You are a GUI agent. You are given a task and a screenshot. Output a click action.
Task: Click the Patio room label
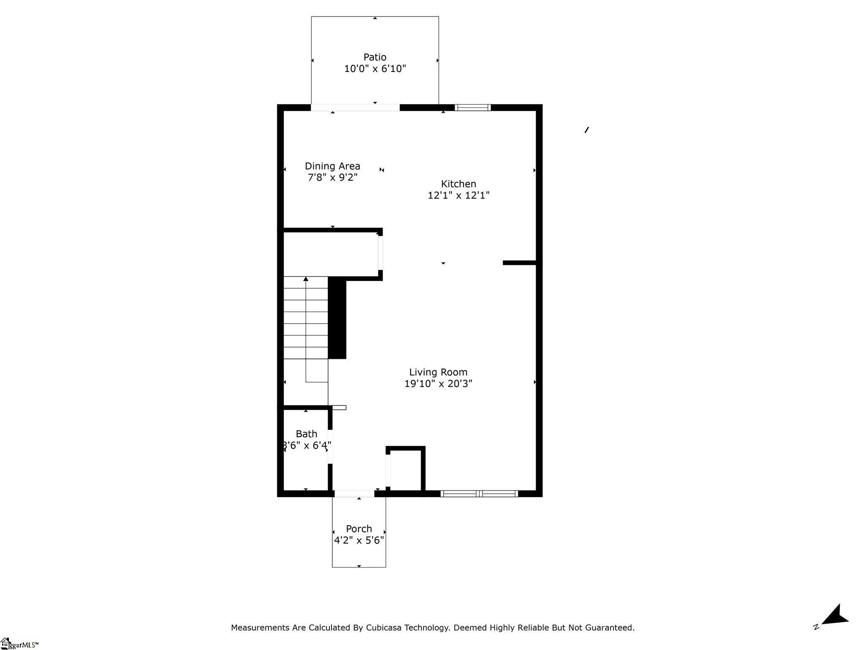pyautogui.click(x=375, y=57)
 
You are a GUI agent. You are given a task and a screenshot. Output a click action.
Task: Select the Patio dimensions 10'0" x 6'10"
pyautogui.click(x=375, y=69)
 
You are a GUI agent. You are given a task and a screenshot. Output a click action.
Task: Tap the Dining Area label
pyautogui.click(x=332, y=166)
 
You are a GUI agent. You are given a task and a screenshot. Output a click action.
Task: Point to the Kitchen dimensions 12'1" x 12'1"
pyautogui.click(x=458, y=195)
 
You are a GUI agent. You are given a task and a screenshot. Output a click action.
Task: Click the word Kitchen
pyautogui.click(x=458, y=184)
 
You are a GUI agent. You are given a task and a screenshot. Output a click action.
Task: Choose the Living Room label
pyautogui.click(x=438, y=372)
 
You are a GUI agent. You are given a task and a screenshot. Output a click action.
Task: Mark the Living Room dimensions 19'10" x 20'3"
pyautogui.click(x=438, y=383)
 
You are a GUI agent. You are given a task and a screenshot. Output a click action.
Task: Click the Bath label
pyautogui.click(x=306, y=434)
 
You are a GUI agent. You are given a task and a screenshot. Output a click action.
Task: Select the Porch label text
pyautogui.click(x=359, y=529)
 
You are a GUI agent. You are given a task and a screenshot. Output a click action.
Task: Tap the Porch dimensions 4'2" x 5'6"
pyautogui.click(x=359, y=540)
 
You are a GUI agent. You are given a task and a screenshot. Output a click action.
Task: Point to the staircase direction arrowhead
pyautogui.click(x=306, y=279)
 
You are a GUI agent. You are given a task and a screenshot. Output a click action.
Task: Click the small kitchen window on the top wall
pyautogui.click(x=473, y=107)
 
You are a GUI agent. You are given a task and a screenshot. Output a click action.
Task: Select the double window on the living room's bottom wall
pyautogui.click(x=479, y=493)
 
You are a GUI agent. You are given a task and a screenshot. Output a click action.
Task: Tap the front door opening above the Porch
pyautogui.click(x=354, y=493)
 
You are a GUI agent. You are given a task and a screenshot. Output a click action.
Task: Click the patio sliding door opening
pyautogui.click(x=355, y=107)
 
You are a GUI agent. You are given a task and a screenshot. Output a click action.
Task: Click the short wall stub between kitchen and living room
pyautogui.click(x=519, y=263)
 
